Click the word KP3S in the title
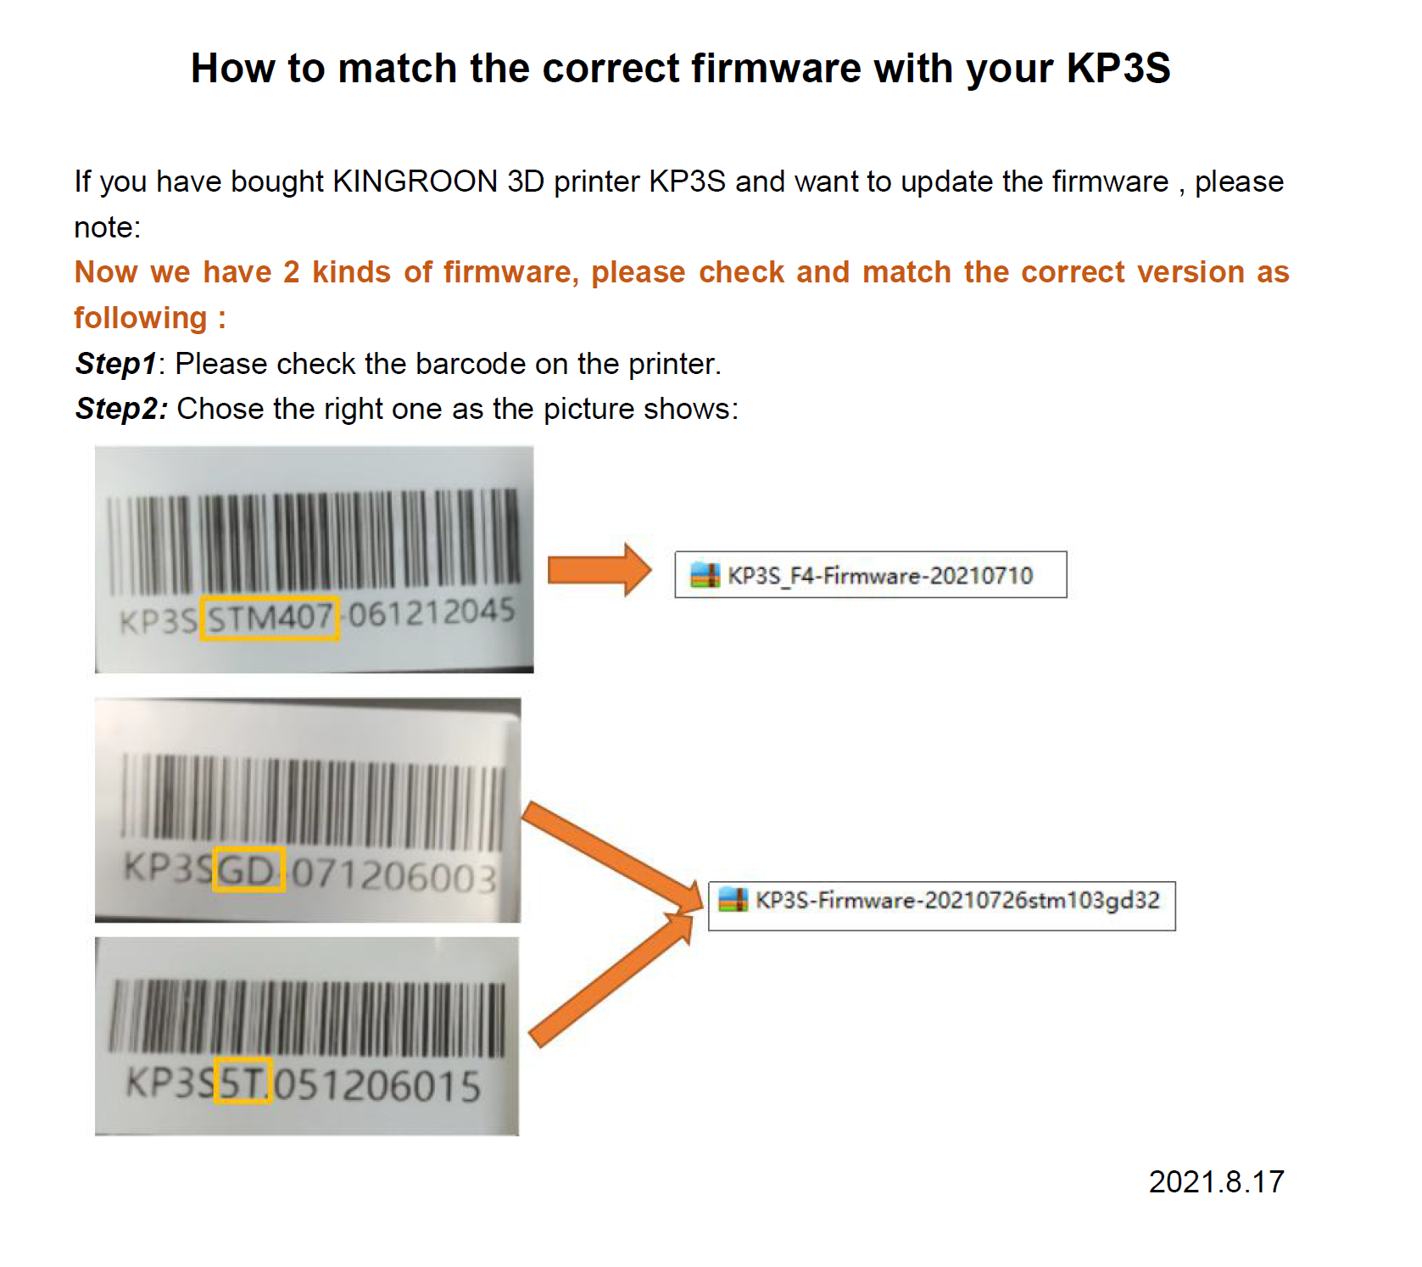point(1118,68)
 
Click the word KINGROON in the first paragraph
point(415,181)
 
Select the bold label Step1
point(116,364)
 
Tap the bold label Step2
point(121,409)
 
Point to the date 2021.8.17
point(1217,1181)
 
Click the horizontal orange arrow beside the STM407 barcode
point(599,570)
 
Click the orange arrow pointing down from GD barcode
point(612,856)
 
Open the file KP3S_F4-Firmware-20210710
point(880,576)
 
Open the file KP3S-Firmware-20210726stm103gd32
point(957,901)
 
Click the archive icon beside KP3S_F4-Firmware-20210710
point(705,575)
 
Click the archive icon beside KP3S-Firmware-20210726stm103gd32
point(733,900)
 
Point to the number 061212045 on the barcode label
point(432,612)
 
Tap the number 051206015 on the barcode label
point(378,1086)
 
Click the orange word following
point(141,318)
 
